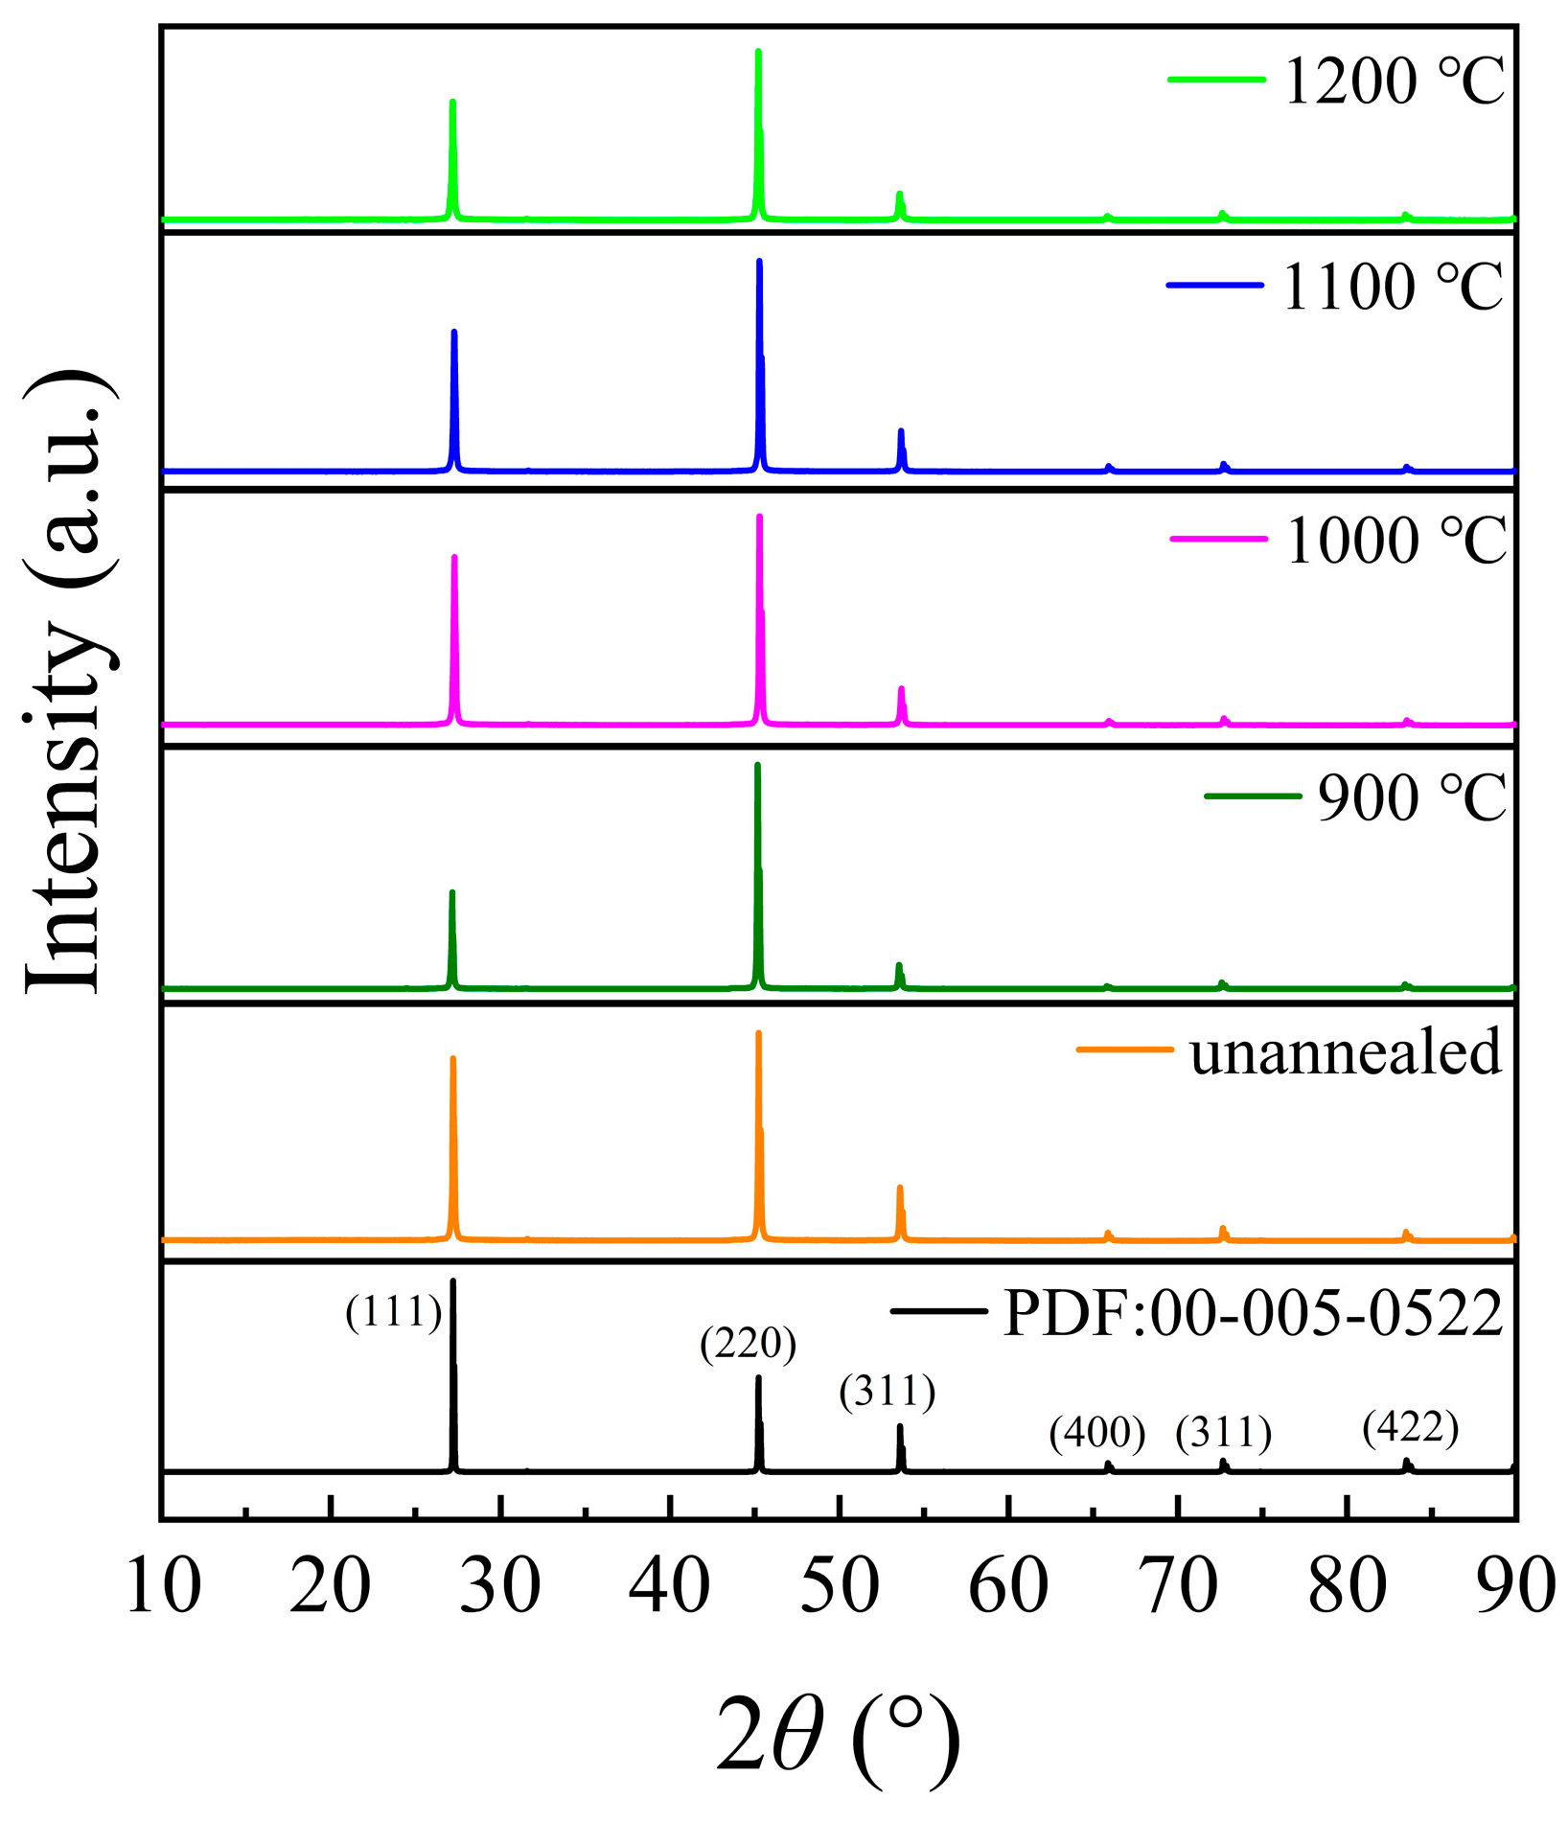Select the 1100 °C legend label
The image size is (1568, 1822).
tap(1393, 287)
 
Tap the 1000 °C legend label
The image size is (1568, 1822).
tap(1395, 542)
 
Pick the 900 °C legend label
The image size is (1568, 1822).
tap(1412, 798)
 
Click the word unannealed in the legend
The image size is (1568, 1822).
tap(1345, 1052)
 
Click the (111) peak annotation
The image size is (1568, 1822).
tap(394, 1312)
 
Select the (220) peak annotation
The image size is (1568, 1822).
tap(748, 1344)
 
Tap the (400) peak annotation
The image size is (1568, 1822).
tap(1096, 1433)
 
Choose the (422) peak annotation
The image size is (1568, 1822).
tap(1410, 1427)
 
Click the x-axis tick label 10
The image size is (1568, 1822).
tap(163, 1586)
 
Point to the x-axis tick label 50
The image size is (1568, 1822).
tap(840, 1586)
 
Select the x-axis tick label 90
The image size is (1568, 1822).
tap(1514, 1586)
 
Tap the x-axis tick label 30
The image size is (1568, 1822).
tap(500, 1586)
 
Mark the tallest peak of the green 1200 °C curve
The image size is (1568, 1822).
tap(758, 53)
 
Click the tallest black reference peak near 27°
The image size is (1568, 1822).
tap(452, 1284)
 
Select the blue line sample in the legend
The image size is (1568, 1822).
tap(1214, 285)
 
